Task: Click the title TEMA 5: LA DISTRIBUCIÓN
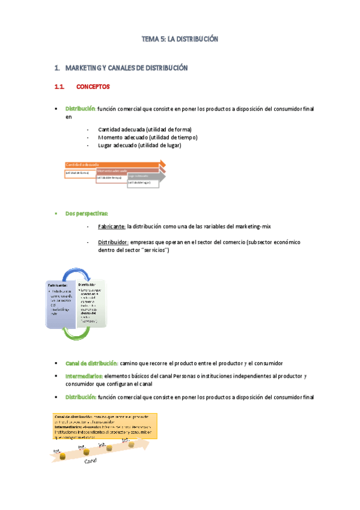click(179, 39)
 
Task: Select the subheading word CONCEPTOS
click(93, 87)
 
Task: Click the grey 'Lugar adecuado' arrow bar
click(144, 176)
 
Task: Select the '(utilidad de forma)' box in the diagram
click(81, 173)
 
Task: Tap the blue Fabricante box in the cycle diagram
click(59, 304)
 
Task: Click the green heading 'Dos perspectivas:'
click(87, 214)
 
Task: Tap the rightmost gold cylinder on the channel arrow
click(131, 444)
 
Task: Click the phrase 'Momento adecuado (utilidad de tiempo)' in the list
click(147, 137)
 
